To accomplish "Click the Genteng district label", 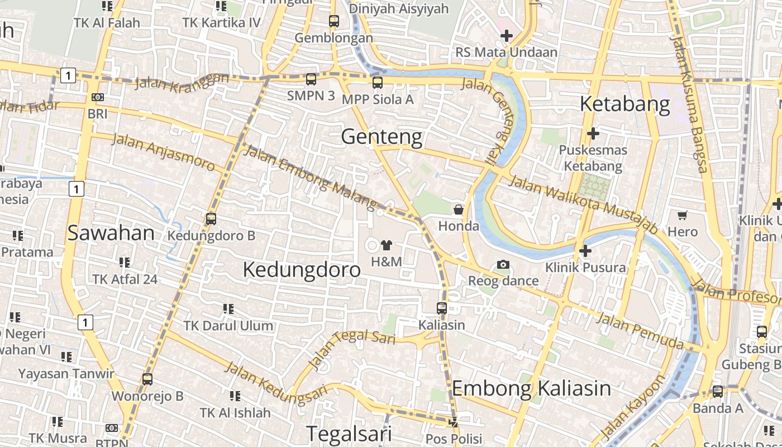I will (382, 136).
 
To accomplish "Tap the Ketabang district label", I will (624, 104).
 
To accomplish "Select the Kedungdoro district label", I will (302, 269).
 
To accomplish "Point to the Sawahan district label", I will (111, 233).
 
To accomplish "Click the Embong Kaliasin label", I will (531, 388).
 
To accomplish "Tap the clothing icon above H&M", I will (386, 245).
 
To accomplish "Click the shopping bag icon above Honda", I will (458, 210).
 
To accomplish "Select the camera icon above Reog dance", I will (503, 264).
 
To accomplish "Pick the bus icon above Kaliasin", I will (441, 308).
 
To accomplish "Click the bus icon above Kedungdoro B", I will (211, 219).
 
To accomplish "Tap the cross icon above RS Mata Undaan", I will (506, 36).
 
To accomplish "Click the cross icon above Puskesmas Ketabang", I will (593, 134).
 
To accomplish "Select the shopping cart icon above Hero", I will (682, 215).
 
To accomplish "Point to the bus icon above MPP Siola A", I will (378, 83).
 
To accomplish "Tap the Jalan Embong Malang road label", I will (311, 175).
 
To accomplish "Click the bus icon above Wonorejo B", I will (147, 379).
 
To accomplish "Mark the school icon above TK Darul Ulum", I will (228, 309).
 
